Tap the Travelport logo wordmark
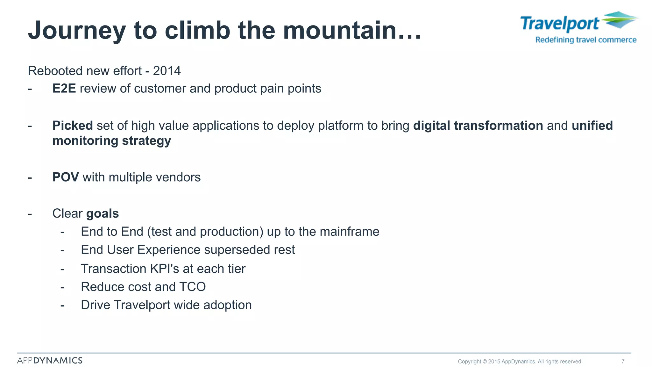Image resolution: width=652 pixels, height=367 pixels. coord(560,24)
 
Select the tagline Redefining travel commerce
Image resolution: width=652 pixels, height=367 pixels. coord(586,40)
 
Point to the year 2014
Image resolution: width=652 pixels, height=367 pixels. coord(167,71)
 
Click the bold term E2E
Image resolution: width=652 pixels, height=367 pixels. coord(64,89)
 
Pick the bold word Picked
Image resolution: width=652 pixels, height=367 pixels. coord(73,126)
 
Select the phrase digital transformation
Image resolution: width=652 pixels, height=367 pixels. coord(478,126)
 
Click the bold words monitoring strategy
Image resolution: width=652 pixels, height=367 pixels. coord(111,140)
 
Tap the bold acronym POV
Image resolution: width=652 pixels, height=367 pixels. coord(66,177)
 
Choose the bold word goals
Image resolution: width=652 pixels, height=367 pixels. coord(103,213)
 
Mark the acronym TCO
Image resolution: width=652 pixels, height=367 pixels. coord(192,287)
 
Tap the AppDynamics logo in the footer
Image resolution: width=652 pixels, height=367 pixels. coord(50,360)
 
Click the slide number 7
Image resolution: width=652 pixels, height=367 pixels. coord(623,361)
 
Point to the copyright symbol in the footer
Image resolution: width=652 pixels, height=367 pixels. coord(485,362)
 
